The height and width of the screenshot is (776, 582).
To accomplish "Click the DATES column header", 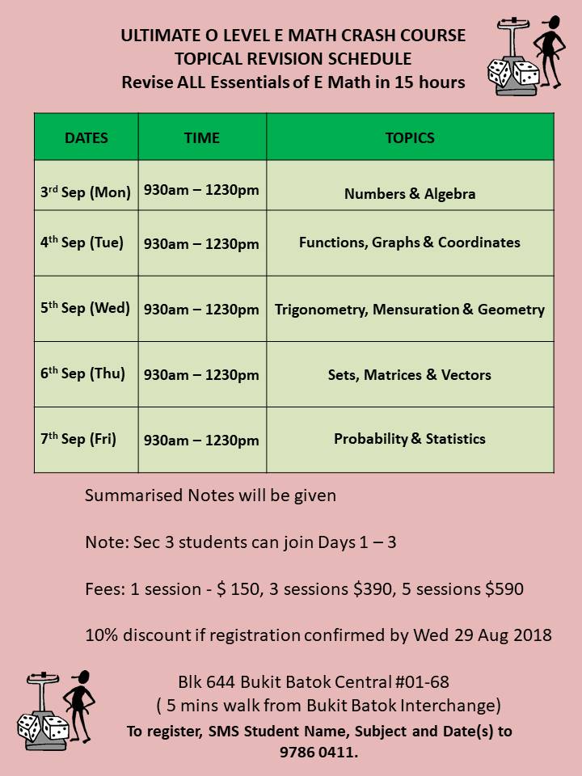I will click(x=86, y=137).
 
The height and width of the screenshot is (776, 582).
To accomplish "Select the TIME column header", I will click(x=202, y=137).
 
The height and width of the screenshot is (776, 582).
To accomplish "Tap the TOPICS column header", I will click(x=410, y=137).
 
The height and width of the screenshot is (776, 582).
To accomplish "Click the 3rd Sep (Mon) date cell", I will click(x=86, y=192).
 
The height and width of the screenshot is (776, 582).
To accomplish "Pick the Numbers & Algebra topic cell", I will click(x=410, y=194).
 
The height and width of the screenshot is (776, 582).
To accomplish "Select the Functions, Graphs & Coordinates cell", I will click(x=410, y=242).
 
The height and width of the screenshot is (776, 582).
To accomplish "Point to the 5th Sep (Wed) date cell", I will click(x=86, y=308).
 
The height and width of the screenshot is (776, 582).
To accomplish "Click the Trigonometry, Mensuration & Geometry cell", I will click(x=410, y=310).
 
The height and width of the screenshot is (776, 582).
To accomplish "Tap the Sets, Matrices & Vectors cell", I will click(x=410, y=375).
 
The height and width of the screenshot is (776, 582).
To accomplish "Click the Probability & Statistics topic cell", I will click(x=410, y=439).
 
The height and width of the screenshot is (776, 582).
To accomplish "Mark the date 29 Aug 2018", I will click(x=496, y=635).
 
